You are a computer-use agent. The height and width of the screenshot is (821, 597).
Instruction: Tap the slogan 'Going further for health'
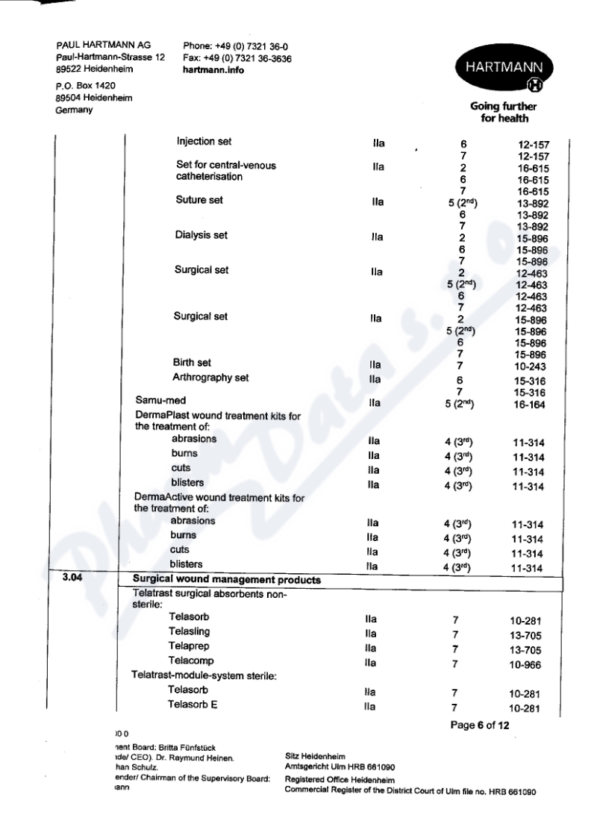pos(504,113)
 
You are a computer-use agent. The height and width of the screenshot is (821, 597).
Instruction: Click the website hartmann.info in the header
pos(213,71)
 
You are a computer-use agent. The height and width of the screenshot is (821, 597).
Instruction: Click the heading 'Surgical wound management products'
pos(226,580)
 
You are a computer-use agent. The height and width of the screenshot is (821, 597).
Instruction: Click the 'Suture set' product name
pos(199,201)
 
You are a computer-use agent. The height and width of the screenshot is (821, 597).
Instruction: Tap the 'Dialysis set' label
pos(200,235)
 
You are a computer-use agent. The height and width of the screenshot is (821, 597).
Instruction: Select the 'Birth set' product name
pos(192,363)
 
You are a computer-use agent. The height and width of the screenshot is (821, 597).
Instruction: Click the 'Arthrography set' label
pos(210,378)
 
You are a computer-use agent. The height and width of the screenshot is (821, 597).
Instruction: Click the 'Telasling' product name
pos(189,632)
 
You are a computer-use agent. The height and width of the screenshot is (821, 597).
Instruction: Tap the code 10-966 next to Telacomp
pos(520,665)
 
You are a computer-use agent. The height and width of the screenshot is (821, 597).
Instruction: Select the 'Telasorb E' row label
pos(193,705)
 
